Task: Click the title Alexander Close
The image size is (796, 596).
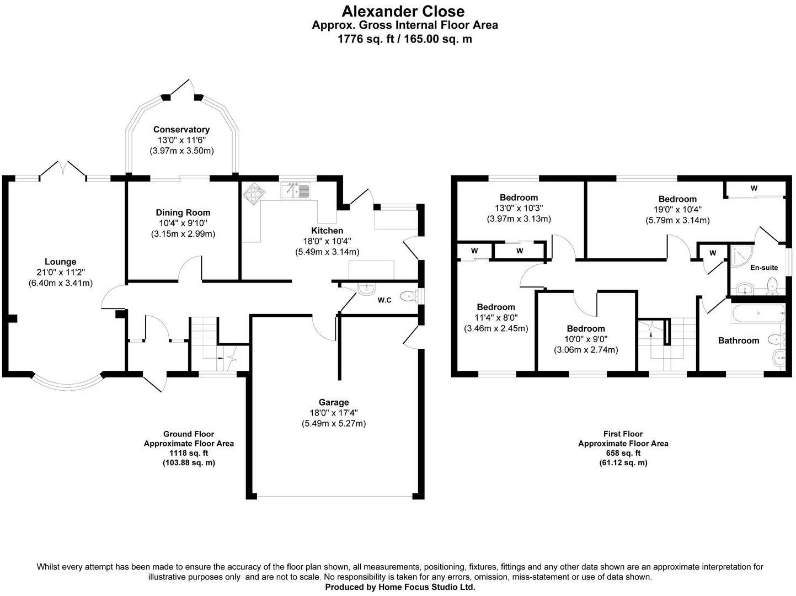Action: [x=403, y=11]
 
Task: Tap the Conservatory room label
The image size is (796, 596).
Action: [x=181, y=130]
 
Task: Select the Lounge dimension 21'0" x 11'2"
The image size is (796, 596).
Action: [x=60, y=272]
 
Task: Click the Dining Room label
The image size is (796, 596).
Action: [x=183, y=212]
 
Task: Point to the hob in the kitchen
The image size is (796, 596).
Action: [x=254, y=193]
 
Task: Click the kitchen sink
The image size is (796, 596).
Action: [x=296, y=191]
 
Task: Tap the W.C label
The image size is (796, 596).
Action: [x=384, y=300]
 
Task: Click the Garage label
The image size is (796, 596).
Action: [x=333, y=402]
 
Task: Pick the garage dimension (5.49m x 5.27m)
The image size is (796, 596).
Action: [x=333, y=424]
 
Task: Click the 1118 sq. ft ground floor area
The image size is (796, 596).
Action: [x=189, y=453]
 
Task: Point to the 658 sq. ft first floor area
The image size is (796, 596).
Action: [x=623, y=453]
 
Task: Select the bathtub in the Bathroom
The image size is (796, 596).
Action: [x=758, y=313]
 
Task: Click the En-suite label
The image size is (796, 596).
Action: [x=764, y=268]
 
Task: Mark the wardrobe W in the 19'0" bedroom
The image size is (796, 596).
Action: [x=754, y=189]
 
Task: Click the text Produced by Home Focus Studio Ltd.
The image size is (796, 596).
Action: [x=400, y=587]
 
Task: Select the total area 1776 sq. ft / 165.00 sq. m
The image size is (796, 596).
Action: [x=404, y=39]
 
